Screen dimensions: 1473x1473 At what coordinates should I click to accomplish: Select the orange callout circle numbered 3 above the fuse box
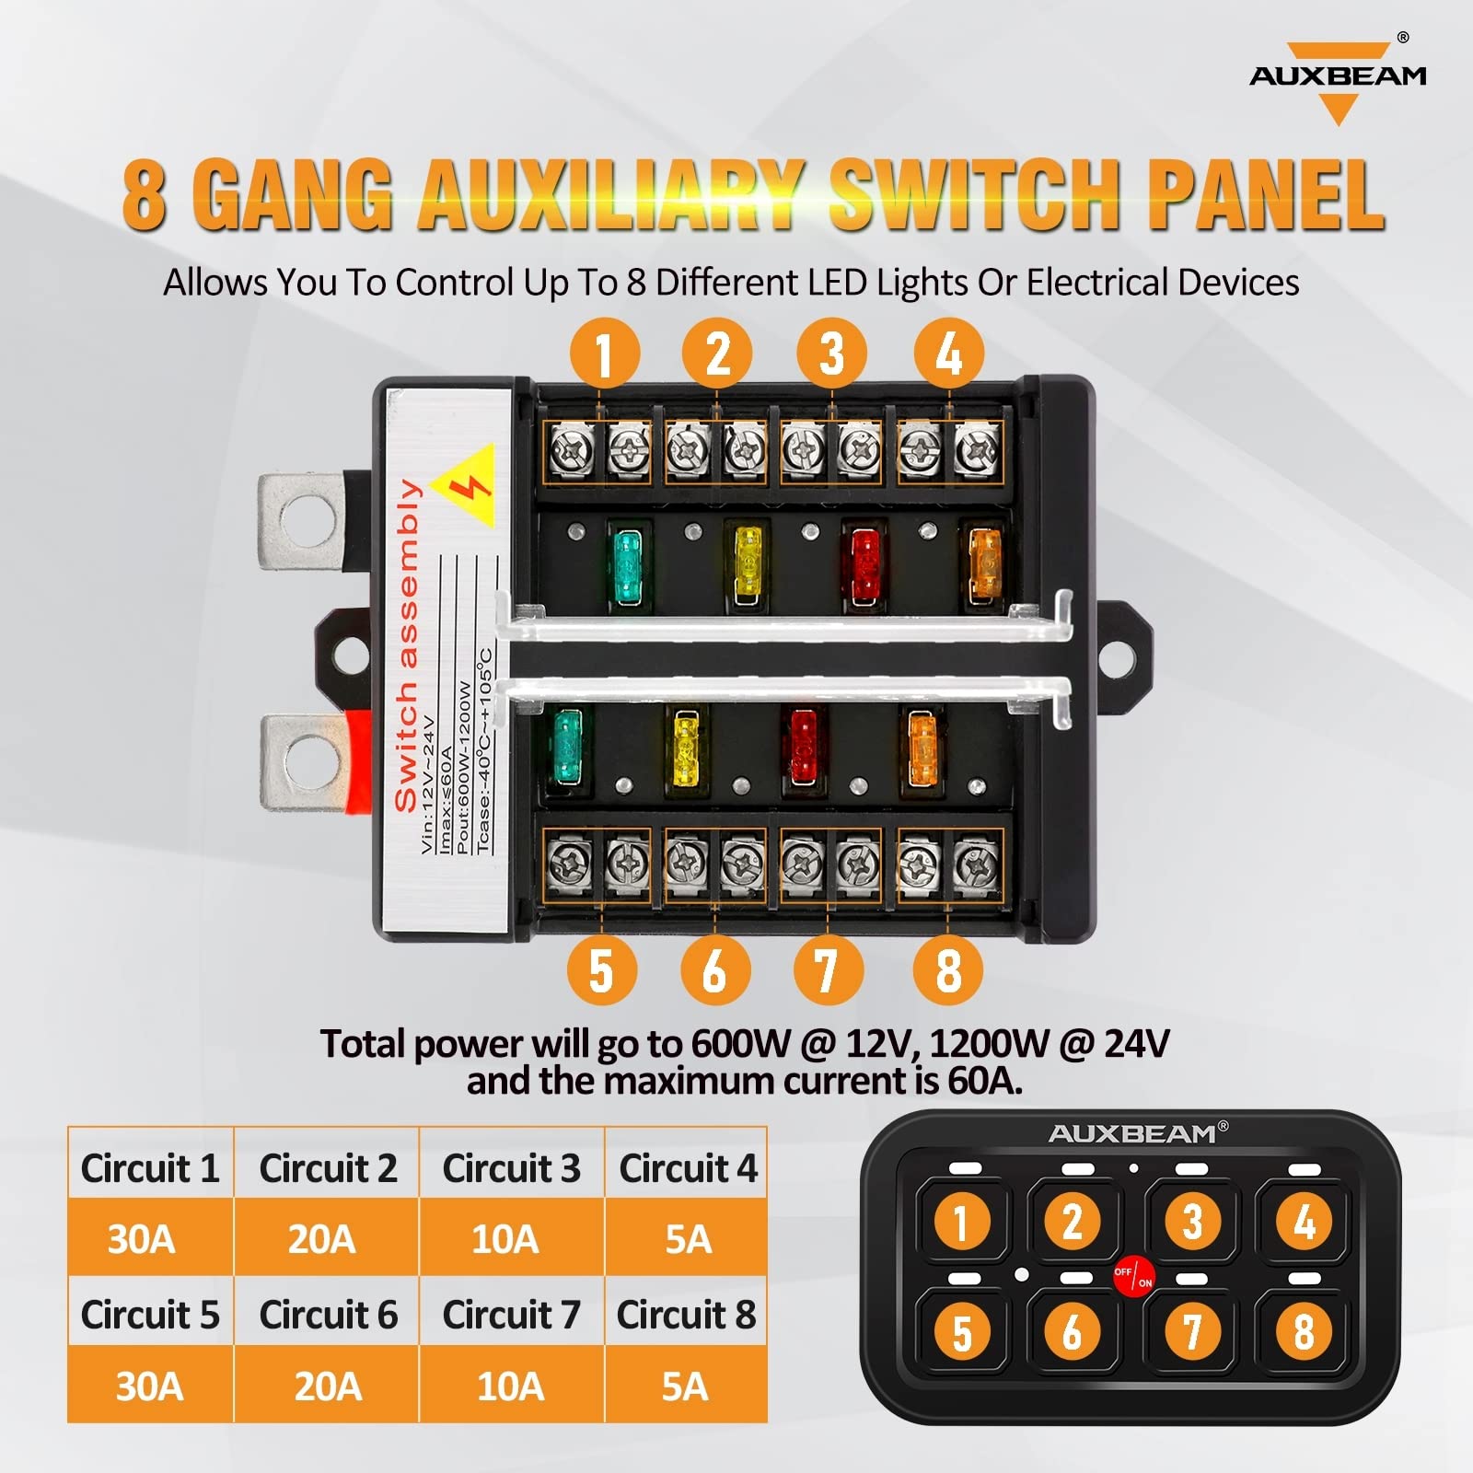pos(831,354)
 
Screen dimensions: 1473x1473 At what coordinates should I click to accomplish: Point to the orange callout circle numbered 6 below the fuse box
pos(715,970)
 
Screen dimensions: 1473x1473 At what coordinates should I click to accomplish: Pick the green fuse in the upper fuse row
pos(628,566)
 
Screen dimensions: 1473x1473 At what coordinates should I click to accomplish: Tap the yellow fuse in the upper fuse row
pos(746,563)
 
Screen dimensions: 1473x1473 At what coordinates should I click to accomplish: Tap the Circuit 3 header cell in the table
pos(511,1168)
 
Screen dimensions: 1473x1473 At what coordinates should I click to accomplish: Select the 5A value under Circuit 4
pos(687,1239)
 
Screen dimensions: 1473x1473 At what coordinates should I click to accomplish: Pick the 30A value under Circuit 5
pos(149,1386)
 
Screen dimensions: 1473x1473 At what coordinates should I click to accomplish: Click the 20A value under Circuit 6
pos(327,1386)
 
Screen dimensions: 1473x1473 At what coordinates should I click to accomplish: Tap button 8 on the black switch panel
pos(1303,1331)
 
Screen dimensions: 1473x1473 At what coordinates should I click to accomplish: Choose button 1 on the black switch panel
pos(961,1223)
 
